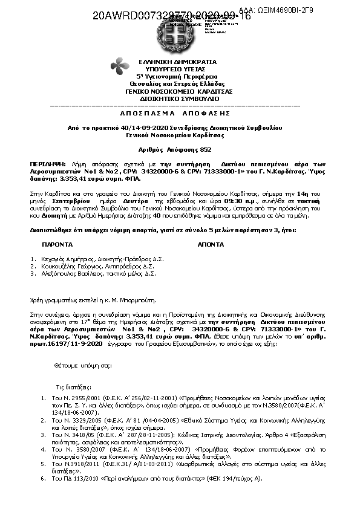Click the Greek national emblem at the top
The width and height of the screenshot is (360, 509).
tap(179, 35)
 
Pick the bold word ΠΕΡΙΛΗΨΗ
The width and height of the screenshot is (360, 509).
tap(45, 164)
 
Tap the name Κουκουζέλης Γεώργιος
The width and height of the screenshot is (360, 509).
tap(65, 266)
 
